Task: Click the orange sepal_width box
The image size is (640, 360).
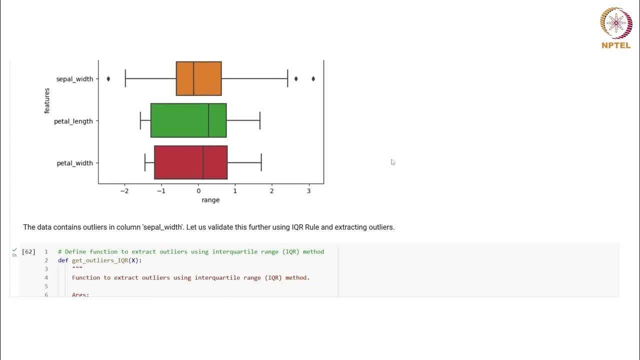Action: [198, 78]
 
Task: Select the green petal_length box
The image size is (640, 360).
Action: [188, 120]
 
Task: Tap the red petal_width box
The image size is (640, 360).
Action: [190, 162]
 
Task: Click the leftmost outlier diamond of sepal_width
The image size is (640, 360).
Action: [108, 78]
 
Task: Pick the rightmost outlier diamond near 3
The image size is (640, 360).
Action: [313, 78]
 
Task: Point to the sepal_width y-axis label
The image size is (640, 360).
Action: [74, 79]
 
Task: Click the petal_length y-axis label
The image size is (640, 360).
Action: [73, 121]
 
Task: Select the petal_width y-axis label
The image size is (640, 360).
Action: [74, 163]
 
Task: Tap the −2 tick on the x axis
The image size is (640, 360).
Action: [124, 191]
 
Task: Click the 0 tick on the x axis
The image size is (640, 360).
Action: [198, 191]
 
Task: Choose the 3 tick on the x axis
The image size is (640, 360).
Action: [308, 191]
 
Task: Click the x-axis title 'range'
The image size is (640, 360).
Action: [210, 200]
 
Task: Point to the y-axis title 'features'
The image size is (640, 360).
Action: [47, 100]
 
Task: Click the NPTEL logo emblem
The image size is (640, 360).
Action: [616, 23]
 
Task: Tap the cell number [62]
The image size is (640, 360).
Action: [28, 251]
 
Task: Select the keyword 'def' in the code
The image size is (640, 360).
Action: [63, 260]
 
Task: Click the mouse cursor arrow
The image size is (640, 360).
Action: [392, 162]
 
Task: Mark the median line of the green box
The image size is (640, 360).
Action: [208, 120]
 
